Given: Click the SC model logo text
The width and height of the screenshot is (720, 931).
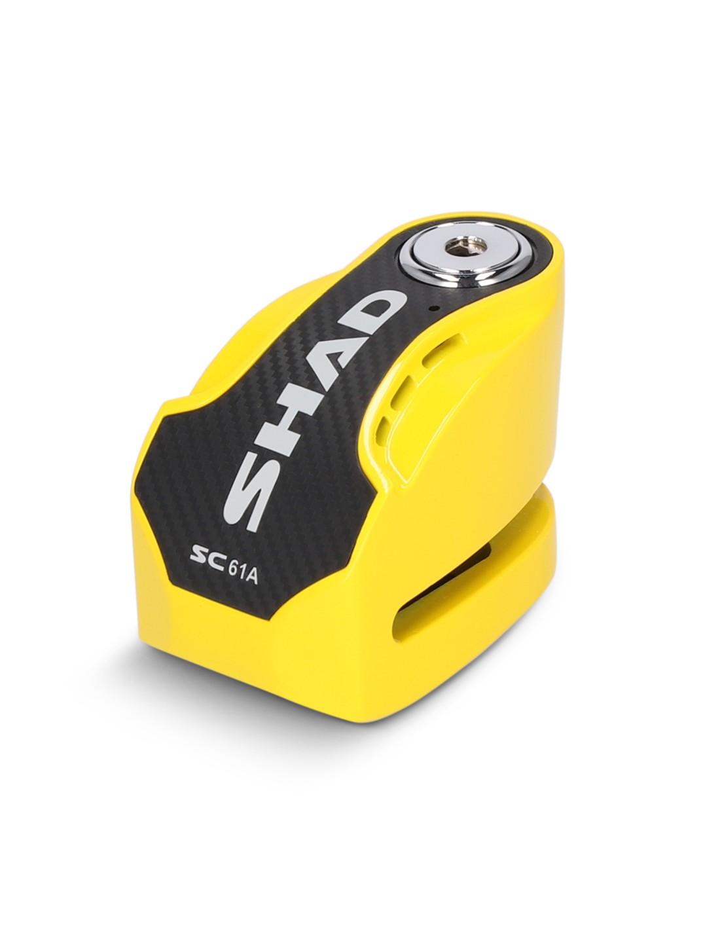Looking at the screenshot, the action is coord(208,560).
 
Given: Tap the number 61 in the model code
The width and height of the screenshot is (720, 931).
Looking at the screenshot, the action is coord(236,567).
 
